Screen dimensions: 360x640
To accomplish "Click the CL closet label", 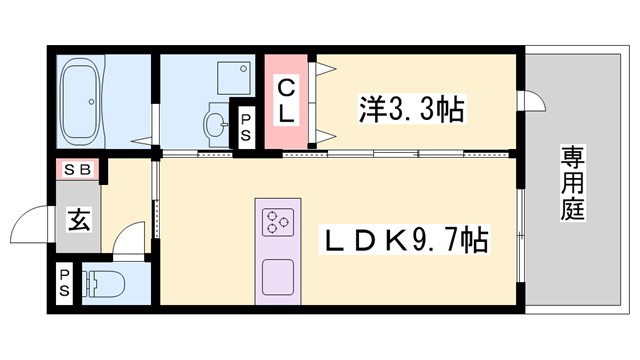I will pyautogui.click(x=286, y=101).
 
